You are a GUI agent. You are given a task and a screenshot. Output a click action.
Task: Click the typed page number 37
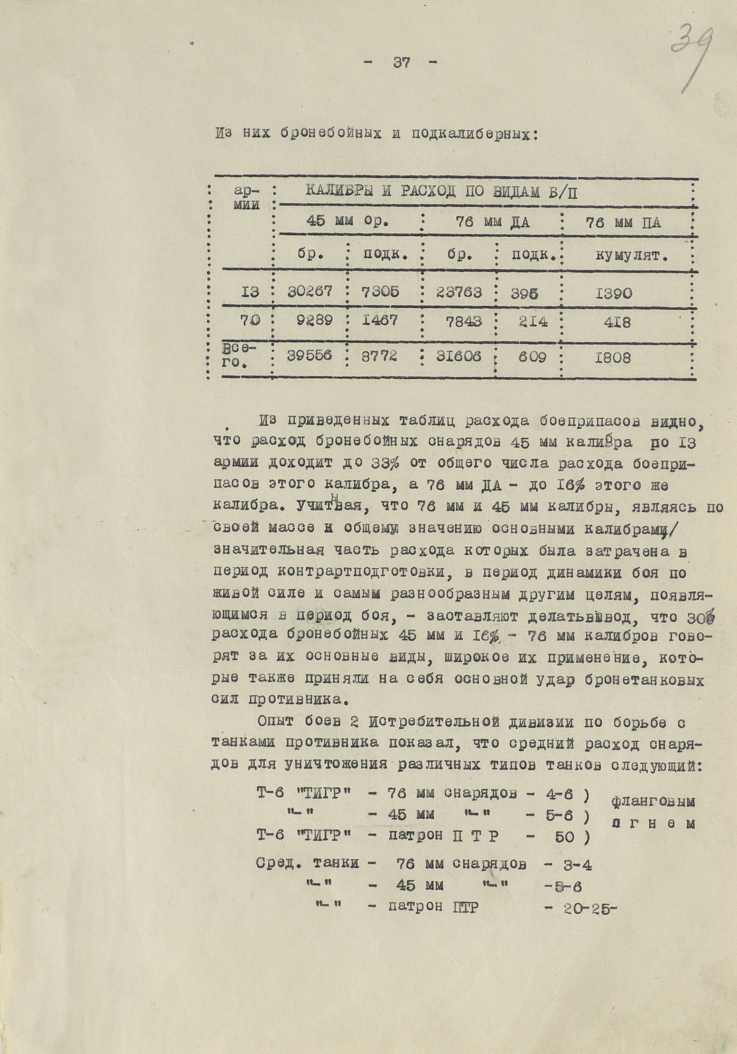click(x=402, y=63)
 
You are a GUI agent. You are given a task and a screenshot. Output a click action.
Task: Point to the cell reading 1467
click(x=379, y=320)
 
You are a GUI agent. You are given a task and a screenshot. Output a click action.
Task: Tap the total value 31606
click(x=459, y=356)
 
